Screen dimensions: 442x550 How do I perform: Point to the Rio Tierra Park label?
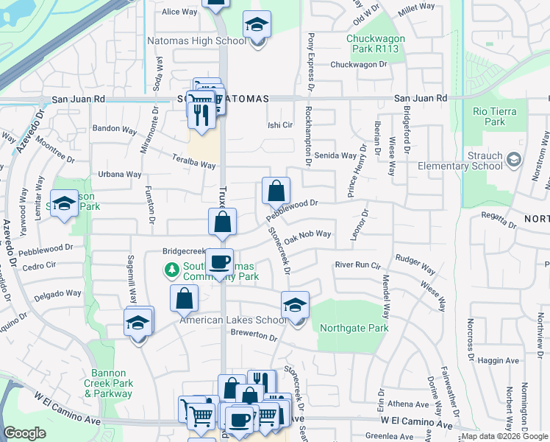[496, 116]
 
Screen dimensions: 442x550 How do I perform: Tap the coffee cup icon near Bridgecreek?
[219, 262]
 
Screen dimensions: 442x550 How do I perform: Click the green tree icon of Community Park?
[171, 270]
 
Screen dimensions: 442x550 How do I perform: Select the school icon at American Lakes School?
[295, 306]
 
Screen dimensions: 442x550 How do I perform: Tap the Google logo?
[25, 433]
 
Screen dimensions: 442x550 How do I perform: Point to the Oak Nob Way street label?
[308, 236]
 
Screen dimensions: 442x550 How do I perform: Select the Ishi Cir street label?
[280, 124]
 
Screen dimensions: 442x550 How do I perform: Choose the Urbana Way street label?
[120, 175]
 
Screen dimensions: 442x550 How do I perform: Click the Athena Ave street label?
[407, 404]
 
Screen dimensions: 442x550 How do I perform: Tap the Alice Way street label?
[180, 12]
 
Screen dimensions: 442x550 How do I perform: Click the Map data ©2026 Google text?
[504, 436]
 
